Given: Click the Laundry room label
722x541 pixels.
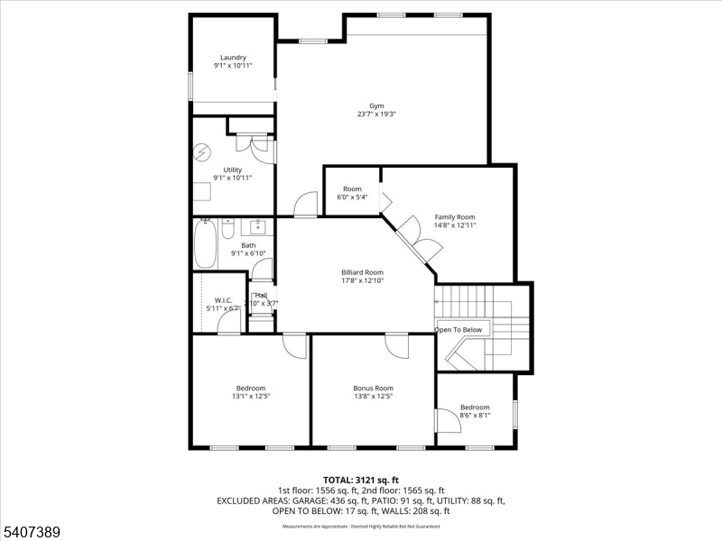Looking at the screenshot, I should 232,58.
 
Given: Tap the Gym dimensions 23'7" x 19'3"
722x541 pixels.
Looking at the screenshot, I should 376,115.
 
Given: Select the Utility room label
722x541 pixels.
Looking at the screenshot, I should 232,170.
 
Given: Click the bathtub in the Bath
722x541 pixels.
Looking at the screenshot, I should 205,243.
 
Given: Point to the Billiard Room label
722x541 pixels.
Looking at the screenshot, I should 362,272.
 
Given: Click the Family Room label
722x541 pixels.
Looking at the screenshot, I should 455,217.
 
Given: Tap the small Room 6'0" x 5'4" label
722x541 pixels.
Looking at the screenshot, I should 352,188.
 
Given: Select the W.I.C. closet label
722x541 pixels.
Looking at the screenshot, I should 223,299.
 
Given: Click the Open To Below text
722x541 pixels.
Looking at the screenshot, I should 458,330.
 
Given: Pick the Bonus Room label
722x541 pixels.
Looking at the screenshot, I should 373,388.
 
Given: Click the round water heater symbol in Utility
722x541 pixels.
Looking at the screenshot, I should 201,151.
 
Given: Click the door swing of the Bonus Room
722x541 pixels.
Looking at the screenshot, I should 397,344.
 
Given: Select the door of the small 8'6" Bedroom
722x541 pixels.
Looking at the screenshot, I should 446,420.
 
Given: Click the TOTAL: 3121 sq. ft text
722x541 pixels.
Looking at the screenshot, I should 360,479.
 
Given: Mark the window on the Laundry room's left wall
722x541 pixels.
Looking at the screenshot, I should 190,86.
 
